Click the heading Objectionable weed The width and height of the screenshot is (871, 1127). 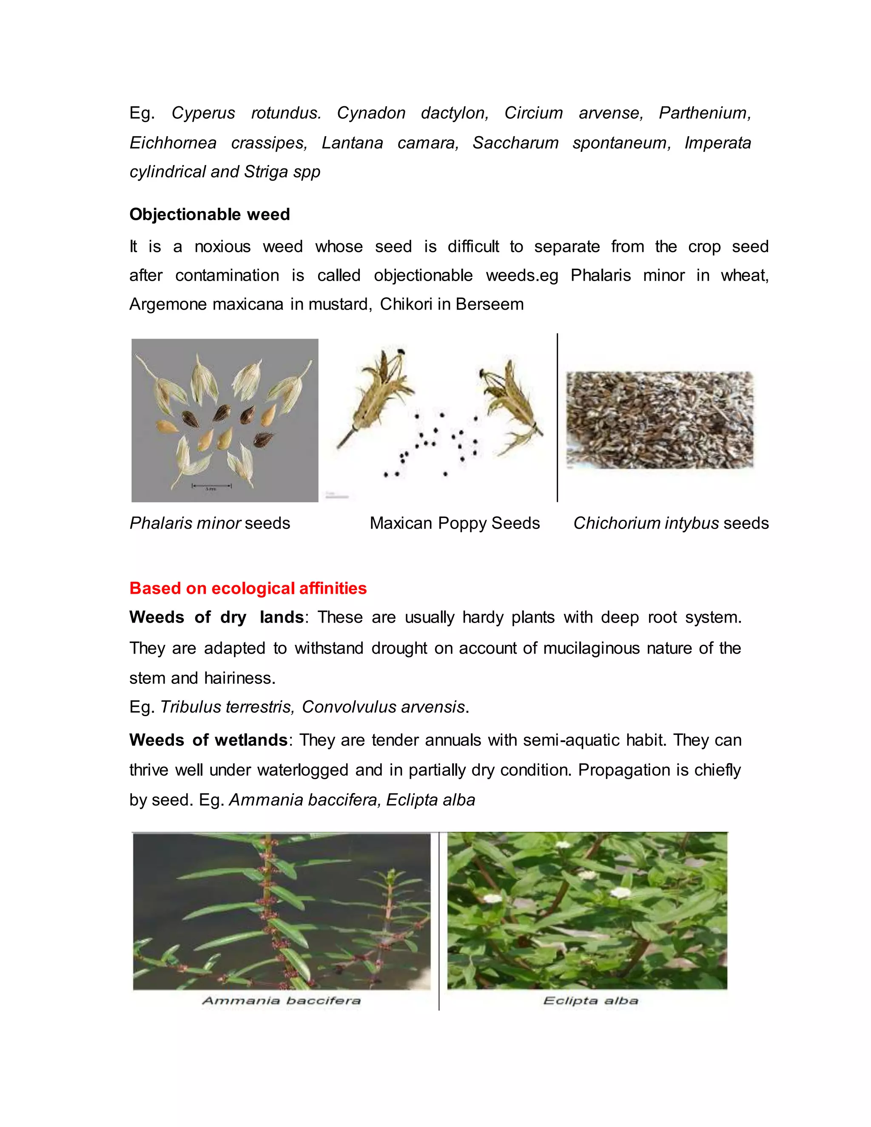[210, 214]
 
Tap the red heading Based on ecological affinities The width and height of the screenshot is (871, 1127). [248, 588]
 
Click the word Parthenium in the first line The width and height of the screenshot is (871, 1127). [704, 113]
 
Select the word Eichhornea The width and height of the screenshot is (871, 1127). [173, 143]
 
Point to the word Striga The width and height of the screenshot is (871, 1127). [266, 172]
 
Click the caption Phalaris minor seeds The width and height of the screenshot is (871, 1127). [210, 523]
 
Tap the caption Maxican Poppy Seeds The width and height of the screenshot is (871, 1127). [455, 523]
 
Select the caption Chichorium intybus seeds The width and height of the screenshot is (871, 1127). [671, 523]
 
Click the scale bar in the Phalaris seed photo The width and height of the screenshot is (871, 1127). [211, 486]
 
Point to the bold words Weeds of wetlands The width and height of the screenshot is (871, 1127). [208, 740]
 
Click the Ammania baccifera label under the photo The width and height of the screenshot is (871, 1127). [281, 1001]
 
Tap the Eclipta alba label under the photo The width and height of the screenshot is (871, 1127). [591, 1001]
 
